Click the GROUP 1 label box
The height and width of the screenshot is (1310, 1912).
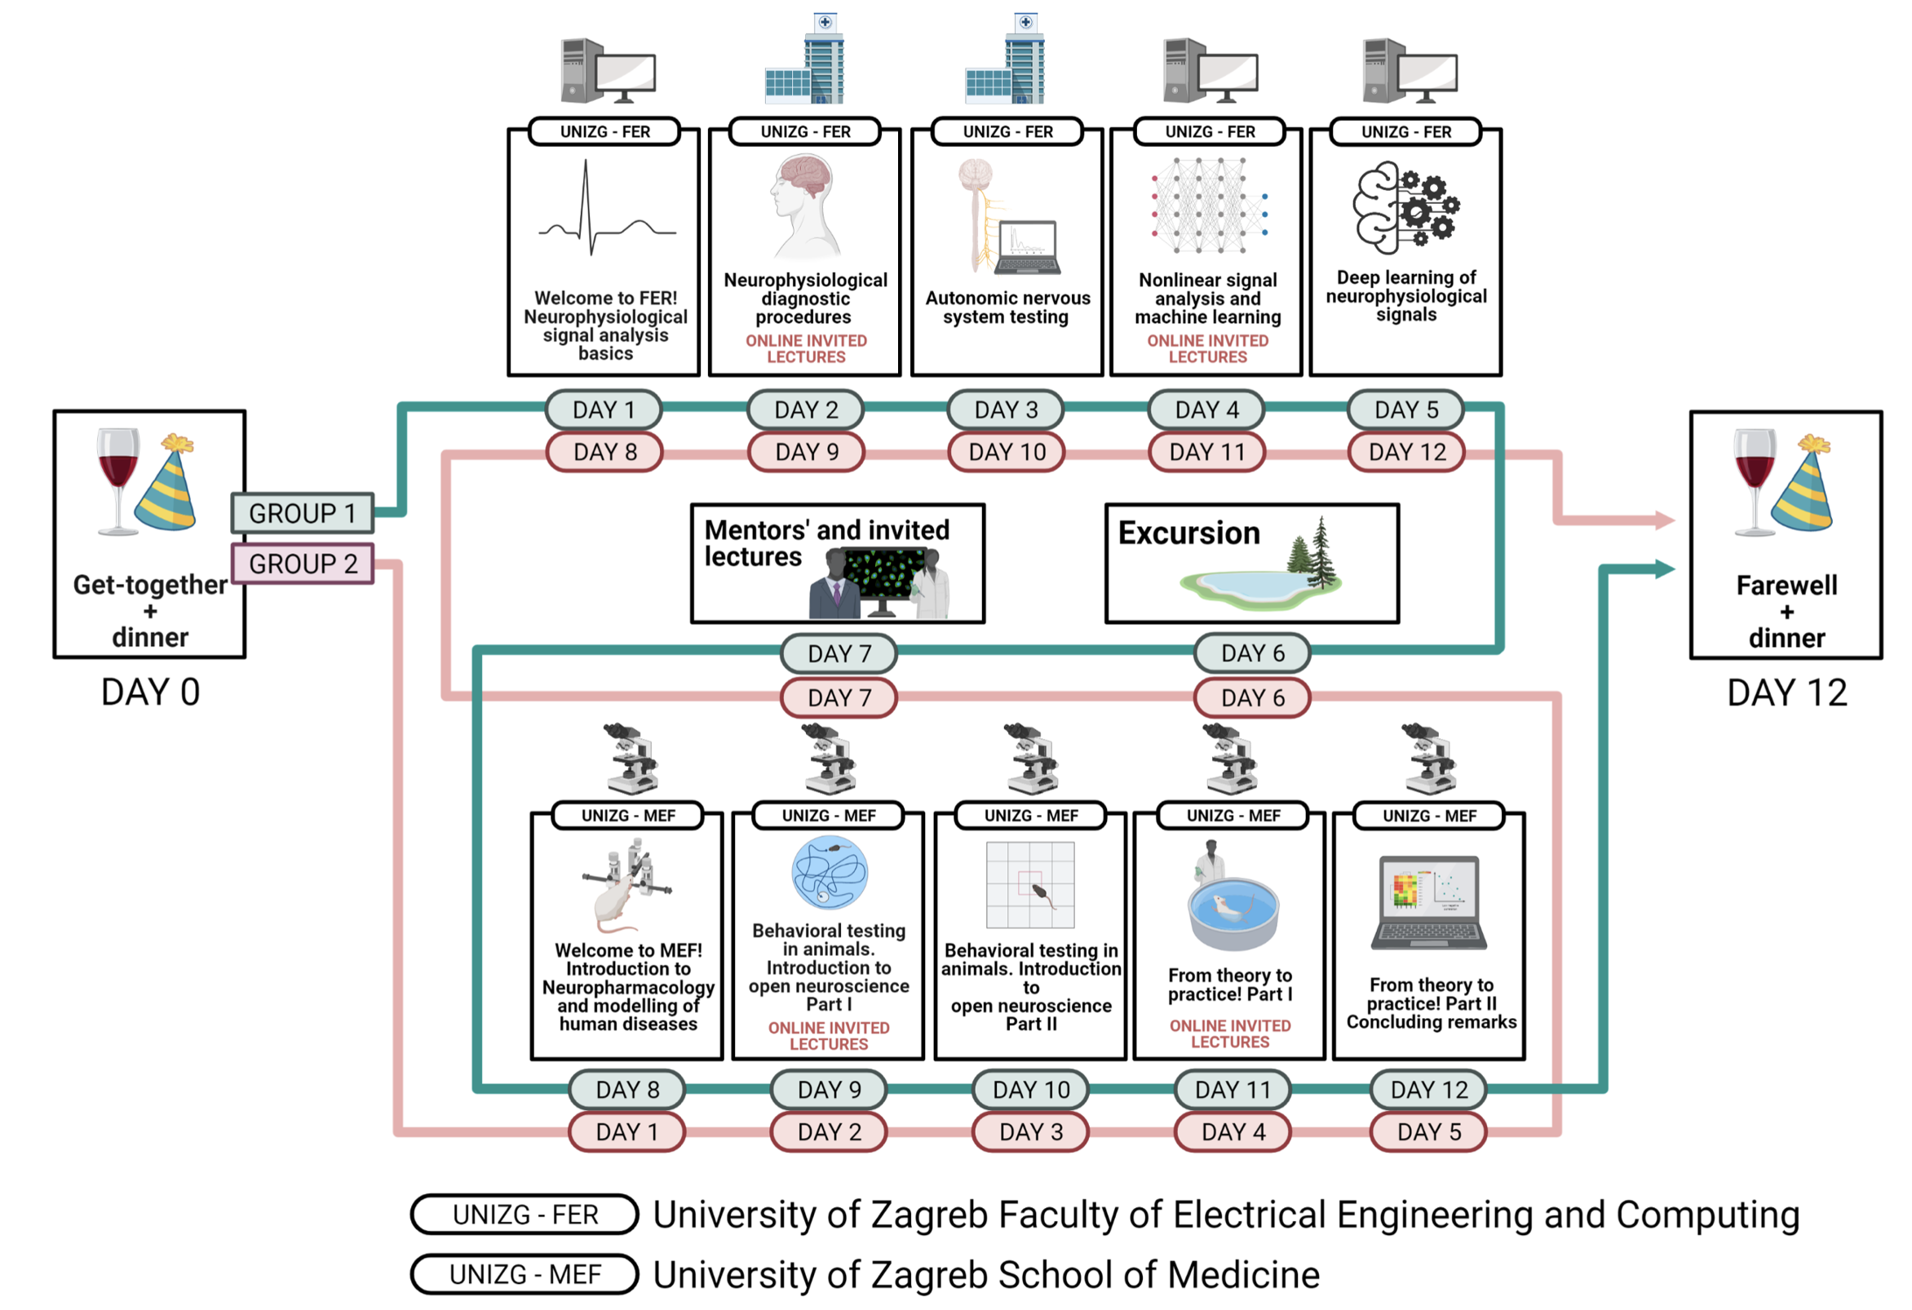click(302, 512)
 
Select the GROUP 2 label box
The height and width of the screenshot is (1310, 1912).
click(302, 564)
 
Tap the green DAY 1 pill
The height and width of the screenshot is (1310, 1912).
click(604, 409)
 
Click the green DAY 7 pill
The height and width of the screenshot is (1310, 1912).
click(839, 653)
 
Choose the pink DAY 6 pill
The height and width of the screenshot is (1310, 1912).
click(1252, 697)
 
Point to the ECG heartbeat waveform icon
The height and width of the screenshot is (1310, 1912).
click(607, 209)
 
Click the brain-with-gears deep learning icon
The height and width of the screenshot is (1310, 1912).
click(1406, 207)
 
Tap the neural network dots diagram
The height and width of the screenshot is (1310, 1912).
click(1209, 206)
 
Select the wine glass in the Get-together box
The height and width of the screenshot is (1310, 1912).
click(117, 480)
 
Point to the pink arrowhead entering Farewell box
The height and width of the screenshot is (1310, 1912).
click(1664, 520)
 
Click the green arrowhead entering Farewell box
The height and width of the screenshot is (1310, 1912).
click(1664, 569)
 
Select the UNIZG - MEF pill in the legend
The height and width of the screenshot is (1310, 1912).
click(524, 1274)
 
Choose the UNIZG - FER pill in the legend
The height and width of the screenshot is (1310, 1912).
click(524, 1215)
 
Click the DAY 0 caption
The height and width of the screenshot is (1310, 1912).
click(151, 692)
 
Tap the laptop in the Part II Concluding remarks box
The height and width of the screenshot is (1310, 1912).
click(1429, 903)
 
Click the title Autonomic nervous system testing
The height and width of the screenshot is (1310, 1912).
click(1007, 308)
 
